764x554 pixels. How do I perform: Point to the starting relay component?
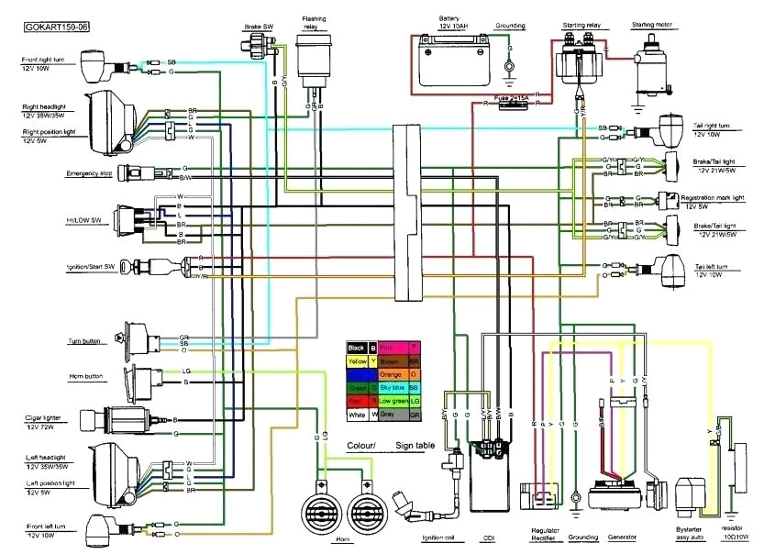pos(581,61)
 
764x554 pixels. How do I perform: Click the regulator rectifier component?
pos(539,496)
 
